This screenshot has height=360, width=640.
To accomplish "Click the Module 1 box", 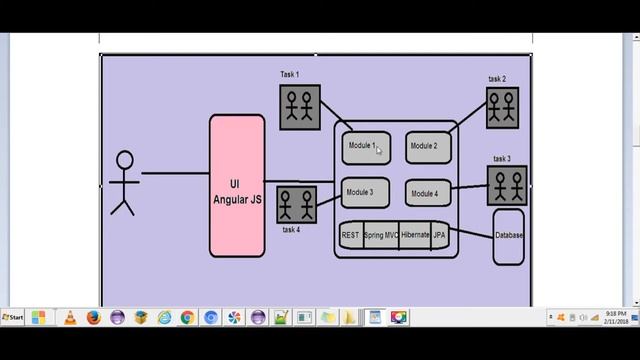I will [x=365, y=147].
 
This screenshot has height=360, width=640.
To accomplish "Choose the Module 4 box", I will [x=429, y=193].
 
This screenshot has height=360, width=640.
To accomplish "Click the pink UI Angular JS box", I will [x=236, y=187].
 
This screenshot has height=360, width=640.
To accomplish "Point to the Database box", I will [x=508, y=237].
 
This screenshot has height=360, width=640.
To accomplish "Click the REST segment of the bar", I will [x=351, y=236].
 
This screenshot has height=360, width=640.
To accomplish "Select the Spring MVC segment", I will [x=381, y=236].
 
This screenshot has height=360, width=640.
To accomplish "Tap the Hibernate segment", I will [x=415, y=236].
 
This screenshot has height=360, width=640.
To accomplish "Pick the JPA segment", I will [x=439, y=236].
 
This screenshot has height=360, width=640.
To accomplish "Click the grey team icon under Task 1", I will [x=299, y=106].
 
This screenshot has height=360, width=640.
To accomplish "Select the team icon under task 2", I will [x=502, y=107].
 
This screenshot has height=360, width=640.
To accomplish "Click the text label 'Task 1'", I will [x=290, y=75].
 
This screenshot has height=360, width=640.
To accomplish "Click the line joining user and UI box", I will [x=175, y=173].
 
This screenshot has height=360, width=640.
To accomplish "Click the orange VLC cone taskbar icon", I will [x=70, y=318].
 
